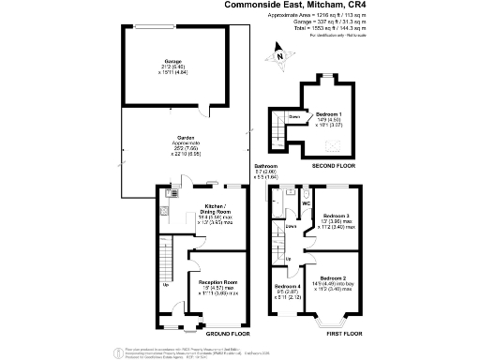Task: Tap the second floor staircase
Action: (277, 127)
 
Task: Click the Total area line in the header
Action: (325, 29)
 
